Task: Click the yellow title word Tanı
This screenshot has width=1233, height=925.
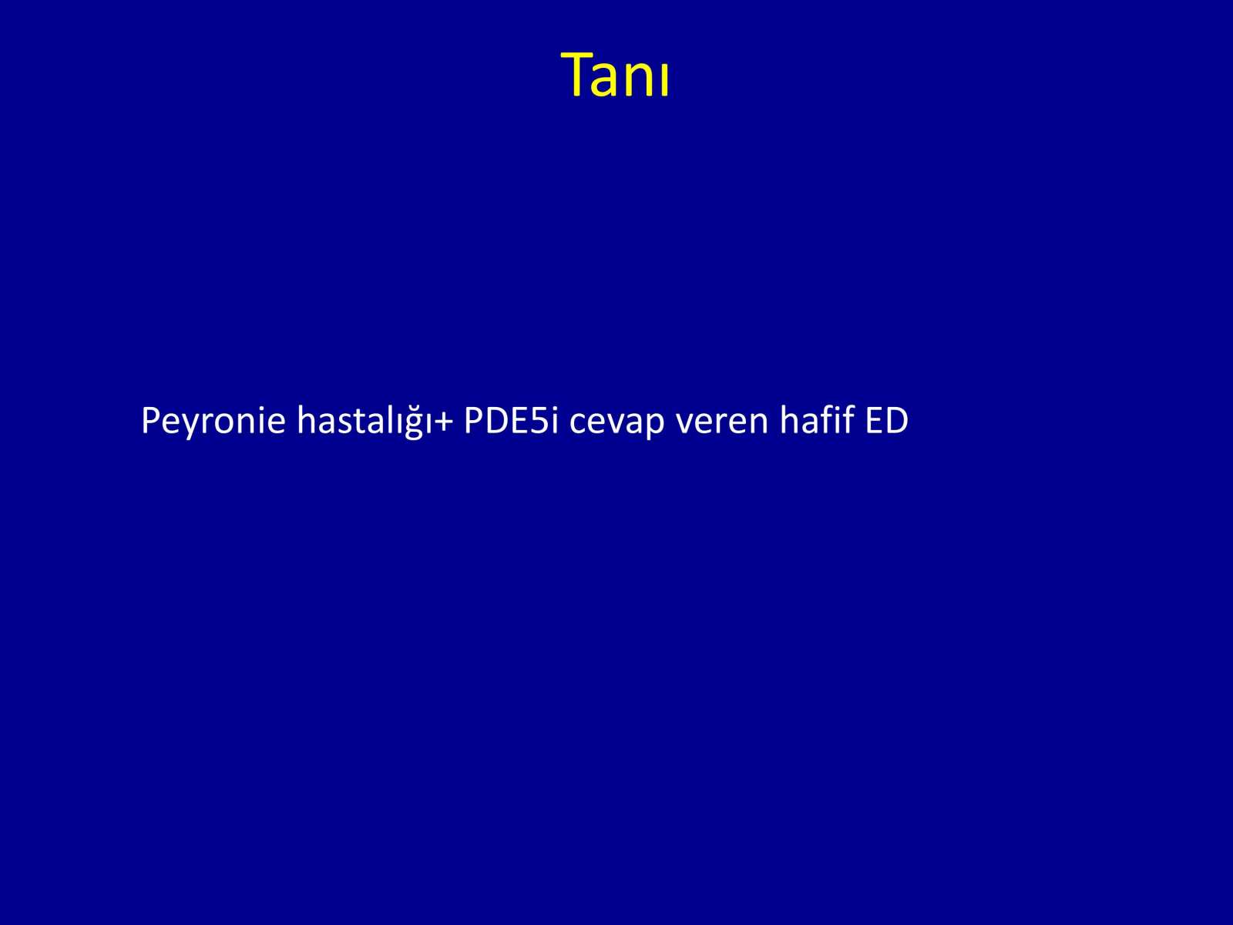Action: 615,75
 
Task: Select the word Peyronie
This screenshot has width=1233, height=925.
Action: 213,421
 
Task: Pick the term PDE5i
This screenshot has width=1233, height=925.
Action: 511,420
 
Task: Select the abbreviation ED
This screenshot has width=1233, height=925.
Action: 886,420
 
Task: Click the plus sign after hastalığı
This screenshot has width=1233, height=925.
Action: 442,422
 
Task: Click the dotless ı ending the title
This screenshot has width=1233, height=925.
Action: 664,80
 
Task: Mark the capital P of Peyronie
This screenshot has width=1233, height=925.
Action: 151,420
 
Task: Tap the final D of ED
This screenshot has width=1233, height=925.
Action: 896,420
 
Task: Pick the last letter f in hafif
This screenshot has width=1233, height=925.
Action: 847,419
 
